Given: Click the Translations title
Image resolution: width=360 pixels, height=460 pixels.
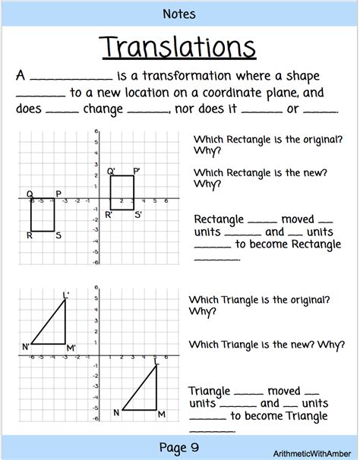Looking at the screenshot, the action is [179, 47].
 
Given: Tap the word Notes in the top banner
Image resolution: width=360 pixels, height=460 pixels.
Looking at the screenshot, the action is [179, 14].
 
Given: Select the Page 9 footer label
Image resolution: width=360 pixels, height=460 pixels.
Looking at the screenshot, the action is [179, 446].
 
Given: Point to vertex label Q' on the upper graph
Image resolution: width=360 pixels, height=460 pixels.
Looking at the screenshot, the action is [111, 172].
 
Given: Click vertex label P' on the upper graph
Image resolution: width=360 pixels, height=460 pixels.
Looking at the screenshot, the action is [137, 172].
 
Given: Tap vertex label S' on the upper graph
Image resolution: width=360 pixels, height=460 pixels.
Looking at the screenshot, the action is [138, 216].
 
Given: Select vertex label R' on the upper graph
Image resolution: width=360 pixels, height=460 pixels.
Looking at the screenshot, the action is [109, 216].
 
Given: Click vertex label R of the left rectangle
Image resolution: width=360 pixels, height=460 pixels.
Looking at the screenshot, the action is [29, 236].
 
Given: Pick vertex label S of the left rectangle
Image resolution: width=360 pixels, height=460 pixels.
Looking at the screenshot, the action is [58, 236].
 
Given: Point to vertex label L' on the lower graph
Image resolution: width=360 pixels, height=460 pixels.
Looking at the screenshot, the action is [66, 295].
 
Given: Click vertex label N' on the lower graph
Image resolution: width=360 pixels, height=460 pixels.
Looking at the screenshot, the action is [26, 348].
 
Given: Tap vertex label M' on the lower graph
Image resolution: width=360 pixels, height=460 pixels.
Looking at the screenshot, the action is [71, 348].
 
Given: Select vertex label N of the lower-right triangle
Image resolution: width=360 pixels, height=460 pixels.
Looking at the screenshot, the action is [116, 413].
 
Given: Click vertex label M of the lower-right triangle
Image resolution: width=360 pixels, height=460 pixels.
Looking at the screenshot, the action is [161, 414].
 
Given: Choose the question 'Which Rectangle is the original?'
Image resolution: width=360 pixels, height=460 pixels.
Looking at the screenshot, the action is [260, 140].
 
